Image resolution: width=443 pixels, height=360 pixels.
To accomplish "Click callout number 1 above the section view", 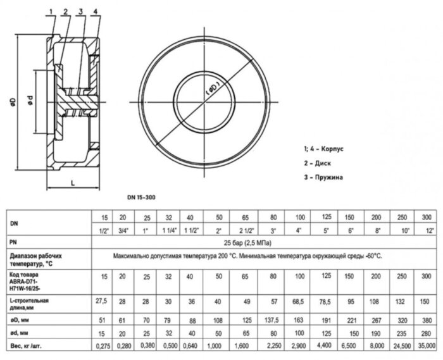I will click(51, 12).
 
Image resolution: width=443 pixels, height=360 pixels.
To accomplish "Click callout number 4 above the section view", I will click(94, 12).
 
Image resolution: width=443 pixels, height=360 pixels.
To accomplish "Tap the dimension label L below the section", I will click(73, 182).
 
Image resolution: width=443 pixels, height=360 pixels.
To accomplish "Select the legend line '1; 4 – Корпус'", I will click(330, 149).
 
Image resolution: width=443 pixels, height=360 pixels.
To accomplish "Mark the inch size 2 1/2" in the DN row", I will click(244, 231).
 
